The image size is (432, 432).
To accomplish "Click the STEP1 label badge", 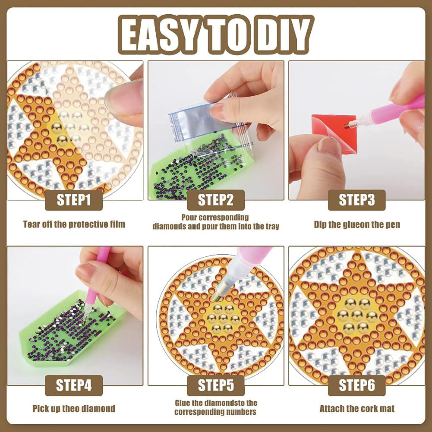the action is click(x=73, y=200).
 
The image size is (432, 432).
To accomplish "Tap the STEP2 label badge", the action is click(x=216, y=200).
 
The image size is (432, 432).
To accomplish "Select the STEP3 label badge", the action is click(x=357, y=200).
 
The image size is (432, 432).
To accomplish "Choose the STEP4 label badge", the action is click(x=73, y=385).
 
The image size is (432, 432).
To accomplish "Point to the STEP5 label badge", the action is click(x=216, y=385).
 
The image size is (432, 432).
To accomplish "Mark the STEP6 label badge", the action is click(x=357, y=385).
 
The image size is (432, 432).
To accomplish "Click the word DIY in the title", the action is click(x=287, y=34).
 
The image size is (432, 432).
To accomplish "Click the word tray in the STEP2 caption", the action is click(x=272, y=227).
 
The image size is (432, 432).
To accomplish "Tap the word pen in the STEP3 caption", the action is click(x=394, y=225).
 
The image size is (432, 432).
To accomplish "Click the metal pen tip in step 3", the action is click(x=349, y=125).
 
